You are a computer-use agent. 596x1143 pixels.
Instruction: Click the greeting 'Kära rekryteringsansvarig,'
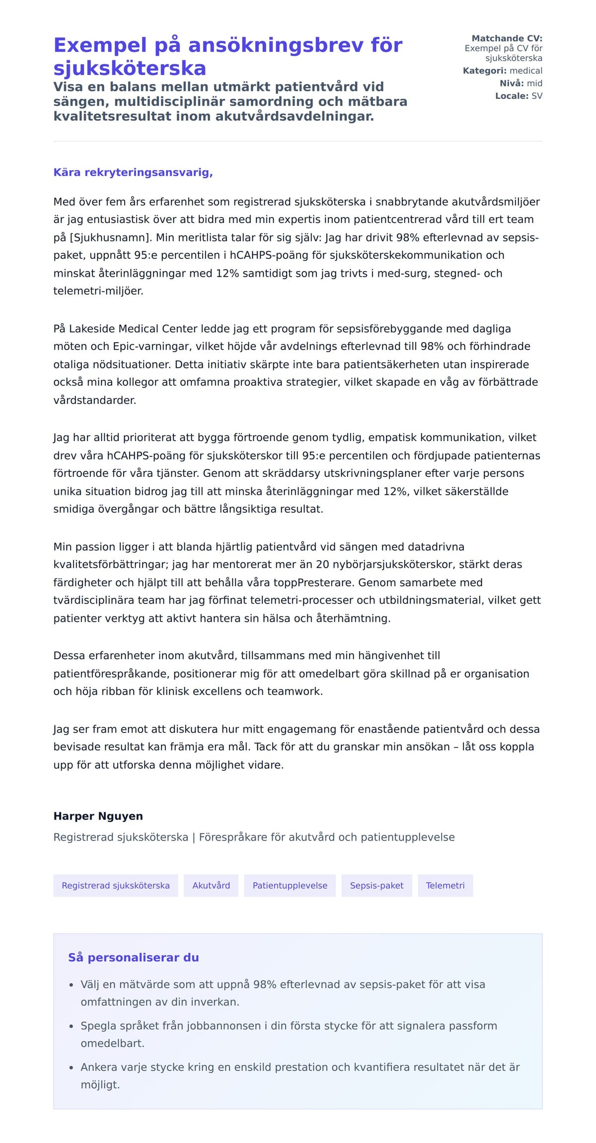point(133,172)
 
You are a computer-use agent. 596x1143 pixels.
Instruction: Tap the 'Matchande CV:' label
point(507,38)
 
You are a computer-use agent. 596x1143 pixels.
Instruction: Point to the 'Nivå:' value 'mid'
point(534,83)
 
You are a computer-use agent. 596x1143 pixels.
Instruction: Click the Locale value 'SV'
point(537,96)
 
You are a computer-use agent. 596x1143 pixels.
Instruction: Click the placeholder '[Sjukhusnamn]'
point(109,237)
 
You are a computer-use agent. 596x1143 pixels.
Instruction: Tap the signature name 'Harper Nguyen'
point(98,816)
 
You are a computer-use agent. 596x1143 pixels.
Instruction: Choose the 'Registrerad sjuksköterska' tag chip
point(116,886)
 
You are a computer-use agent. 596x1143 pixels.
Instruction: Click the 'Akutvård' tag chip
point(211,886)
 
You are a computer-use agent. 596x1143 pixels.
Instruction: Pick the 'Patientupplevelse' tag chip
point(290,886)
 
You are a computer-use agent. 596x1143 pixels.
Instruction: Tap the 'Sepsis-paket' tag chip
point(376,886)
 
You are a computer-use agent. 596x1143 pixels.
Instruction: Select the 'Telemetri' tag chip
point(445,886)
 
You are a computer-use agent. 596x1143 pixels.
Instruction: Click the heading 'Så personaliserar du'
point(133,958)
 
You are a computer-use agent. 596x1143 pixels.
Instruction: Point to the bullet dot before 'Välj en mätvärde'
point(71,985)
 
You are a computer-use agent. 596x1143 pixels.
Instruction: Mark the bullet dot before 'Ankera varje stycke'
point(71,1067)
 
